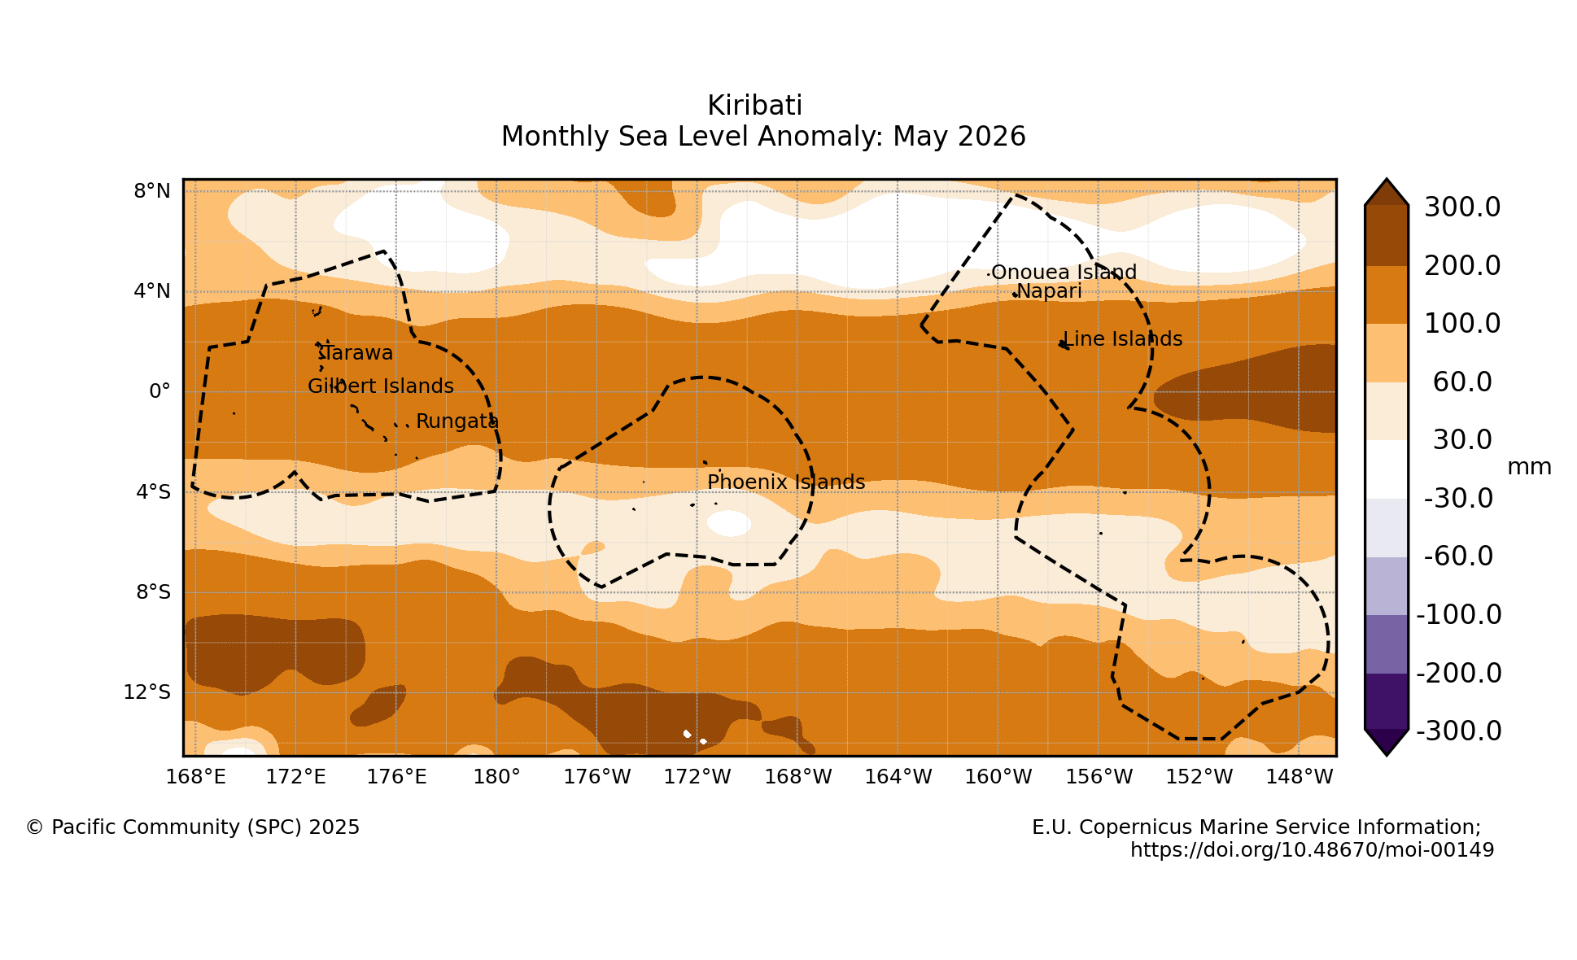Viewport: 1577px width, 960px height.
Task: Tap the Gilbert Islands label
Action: [381, 386]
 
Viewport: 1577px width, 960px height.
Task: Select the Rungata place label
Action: [457, 421]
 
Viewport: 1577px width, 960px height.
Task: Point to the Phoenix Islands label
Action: [786, 482]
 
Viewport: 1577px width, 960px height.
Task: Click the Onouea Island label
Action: [1064, 273]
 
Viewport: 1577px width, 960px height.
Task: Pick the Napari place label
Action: [1049, 291]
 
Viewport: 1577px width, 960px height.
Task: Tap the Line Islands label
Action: [1123, 339]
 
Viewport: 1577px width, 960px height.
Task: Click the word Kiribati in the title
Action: [755, 106]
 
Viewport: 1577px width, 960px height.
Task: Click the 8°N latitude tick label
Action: [152, 191]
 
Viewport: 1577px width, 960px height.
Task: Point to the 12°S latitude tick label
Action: [147, 692]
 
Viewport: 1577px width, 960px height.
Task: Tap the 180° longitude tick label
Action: [496, 777]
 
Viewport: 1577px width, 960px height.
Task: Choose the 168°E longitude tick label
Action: [196, 777]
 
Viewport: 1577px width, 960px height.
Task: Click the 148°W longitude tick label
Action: [1300, 777]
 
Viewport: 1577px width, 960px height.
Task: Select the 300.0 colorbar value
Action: [1462, 207]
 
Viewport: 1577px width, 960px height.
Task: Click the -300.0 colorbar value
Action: [1459, 731]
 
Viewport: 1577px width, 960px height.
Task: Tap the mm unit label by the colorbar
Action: [1530, 467]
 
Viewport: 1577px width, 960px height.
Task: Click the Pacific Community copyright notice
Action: [193, 827]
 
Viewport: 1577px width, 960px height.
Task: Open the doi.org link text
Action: [1313, 850]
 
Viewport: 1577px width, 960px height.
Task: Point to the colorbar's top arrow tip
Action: [1387, 180]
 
